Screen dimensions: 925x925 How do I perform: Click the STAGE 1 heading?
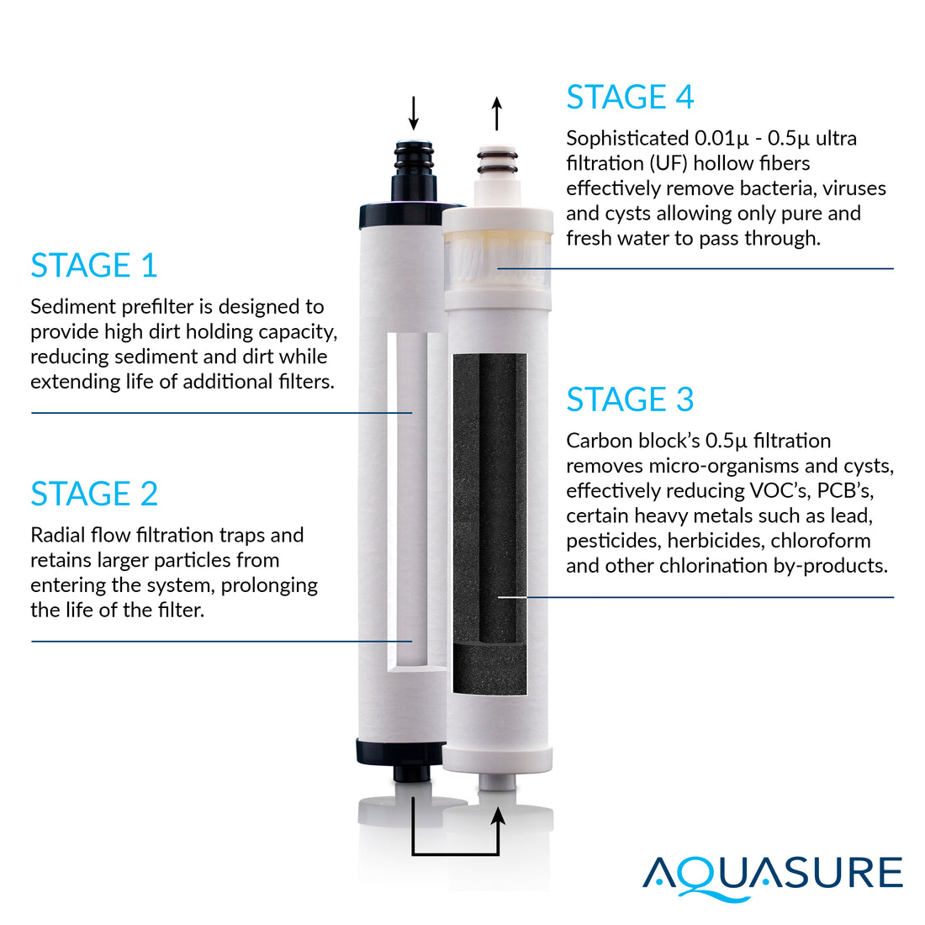pos(94,266)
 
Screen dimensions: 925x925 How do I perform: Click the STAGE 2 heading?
pos(94,494)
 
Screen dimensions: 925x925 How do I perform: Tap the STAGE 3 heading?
pos(630,399)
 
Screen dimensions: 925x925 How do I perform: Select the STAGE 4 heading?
pos(630,98)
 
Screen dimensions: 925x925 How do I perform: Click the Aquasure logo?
pos(772,875)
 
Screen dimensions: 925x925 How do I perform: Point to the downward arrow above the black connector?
pos(413,113)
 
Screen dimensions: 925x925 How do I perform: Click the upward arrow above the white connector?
pos(497,113)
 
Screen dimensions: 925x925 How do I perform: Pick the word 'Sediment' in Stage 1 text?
pos(70,307)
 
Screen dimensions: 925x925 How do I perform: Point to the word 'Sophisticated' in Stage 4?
pos(626,138)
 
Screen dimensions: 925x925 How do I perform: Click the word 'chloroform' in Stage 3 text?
pos(820,541)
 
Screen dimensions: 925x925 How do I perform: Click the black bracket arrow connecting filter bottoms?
pos(455,854)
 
